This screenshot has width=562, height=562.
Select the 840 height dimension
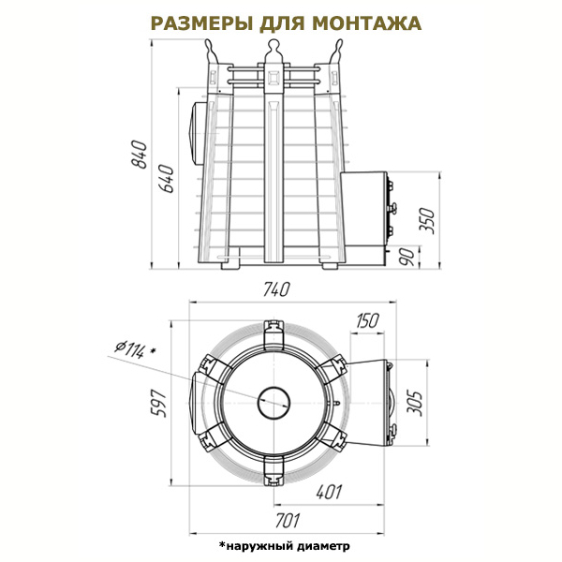[139, 155]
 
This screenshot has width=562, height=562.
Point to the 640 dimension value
[167, 179]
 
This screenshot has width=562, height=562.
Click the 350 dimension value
[427, 221]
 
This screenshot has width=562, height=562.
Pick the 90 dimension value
[407, 257]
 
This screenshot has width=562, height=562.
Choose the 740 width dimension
[275, 289]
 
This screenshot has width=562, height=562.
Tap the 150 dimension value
[367, 320]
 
